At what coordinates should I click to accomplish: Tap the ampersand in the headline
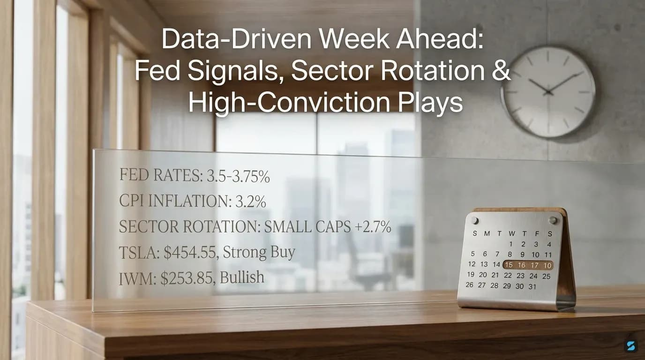[500, 72]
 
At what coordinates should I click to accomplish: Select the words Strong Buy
[259, 253]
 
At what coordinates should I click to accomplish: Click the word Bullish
[242, 277]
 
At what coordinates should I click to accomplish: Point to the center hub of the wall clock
[548, 92]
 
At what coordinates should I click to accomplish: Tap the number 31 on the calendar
[532, 286]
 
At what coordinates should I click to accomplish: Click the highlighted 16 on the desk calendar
[521, 265]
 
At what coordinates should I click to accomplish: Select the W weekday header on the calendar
[511, 233]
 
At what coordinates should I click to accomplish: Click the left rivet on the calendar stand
[474, 220]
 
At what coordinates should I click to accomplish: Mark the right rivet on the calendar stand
[553, 220]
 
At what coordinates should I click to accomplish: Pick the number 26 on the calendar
[470, 285]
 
